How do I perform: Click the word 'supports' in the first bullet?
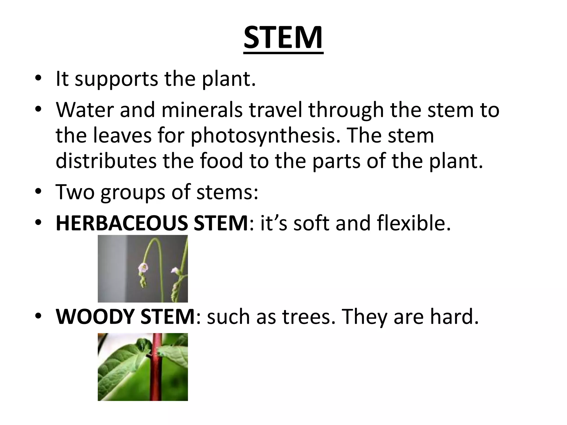[116, 80]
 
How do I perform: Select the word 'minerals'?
[202, 110]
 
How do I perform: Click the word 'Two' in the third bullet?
[75, 192]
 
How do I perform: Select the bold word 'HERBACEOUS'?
[122, 223]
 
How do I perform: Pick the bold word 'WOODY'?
[96, 317]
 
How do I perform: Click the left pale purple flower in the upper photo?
[143, 267]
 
